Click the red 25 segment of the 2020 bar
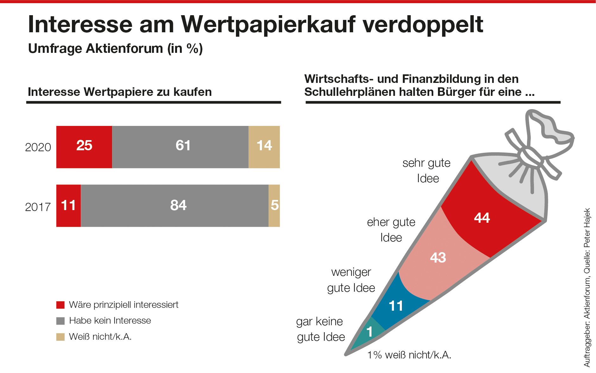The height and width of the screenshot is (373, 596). [x=84, y=147]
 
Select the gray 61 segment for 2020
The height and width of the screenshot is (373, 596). [x=180, y=147]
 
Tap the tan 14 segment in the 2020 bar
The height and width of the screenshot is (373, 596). [x=264, y=147]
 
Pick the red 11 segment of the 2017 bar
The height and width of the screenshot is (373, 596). [x=68, y=206]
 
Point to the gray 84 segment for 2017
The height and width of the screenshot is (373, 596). [x=174, y=206]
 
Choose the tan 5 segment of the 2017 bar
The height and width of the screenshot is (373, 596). [x=274, y=206]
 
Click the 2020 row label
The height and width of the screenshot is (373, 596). [x=38, y=147]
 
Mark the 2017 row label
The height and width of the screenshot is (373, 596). [x=38, y=207]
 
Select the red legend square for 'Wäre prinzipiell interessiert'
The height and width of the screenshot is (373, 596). [x=60, y=305]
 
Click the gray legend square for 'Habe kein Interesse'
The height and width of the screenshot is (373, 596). [x=60, y=321]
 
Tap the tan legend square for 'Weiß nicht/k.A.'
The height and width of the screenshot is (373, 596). [x=60, y=337]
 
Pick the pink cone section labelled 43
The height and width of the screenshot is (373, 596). [x=440, y=259]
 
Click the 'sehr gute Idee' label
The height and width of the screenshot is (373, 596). [x=427, y=171]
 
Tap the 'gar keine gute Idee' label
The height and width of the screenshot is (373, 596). [x=320, y=329]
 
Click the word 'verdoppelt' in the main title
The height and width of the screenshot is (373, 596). [x=423, y=24]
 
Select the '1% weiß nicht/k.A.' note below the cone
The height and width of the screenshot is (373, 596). [x=409, y=355]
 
